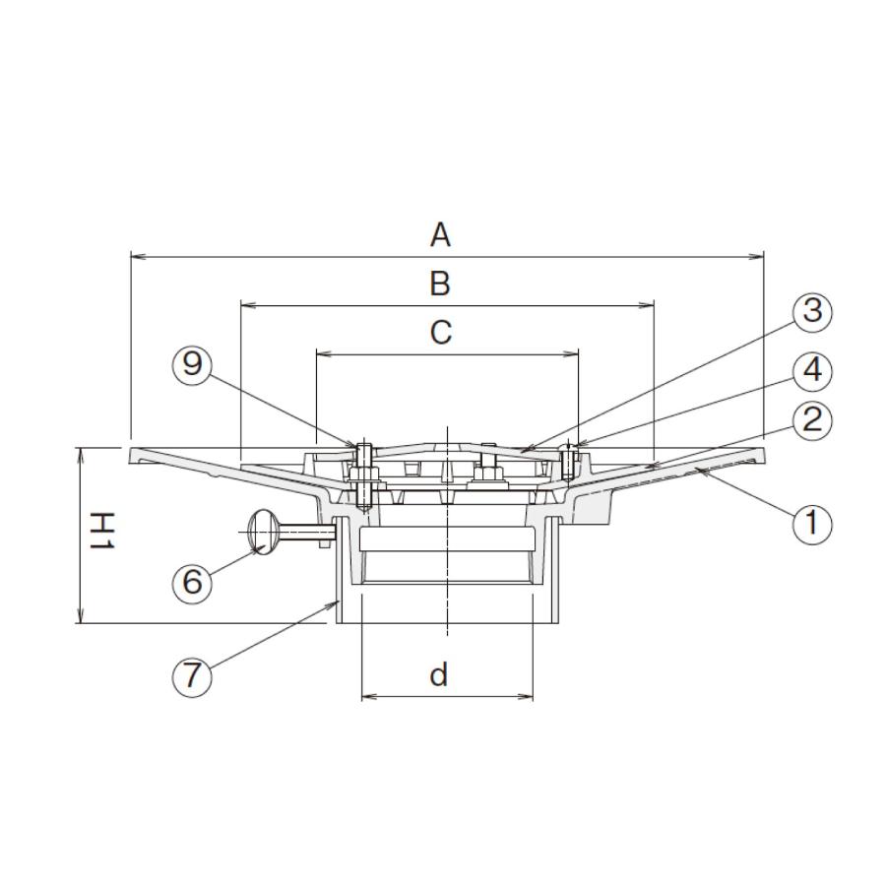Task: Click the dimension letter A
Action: [x=440, y=235]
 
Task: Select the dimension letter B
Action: [x=440, y=284]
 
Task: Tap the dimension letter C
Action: [x=441, y=333]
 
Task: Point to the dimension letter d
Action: [x=439, y=674]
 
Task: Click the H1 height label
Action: [x=102, y=531]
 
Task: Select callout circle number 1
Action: [x=812, y=523]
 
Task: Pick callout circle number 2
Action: [x=812, y=419]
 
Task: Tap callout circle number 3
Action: [x=812, y=311]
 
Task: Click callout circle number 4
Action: [x=812, y=371]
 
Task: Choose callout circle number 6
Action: [x=192, y=580]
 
